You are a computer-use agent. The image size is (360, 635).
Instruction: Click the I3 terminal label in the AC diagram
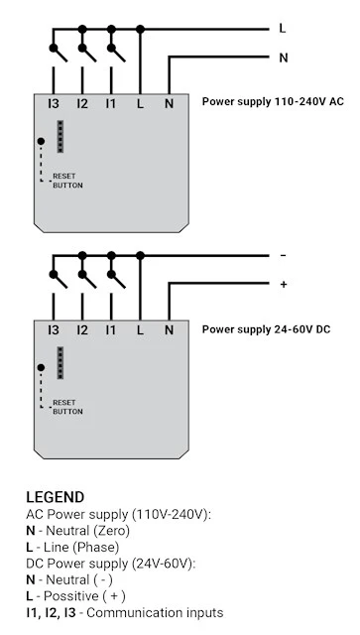[x=54, y=104]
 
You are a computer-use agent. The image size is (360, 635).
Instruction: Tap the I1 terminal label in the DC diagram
[x=111, y=330]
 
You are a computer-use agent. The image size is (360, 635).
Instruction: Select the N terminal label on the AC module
[x=169, y=104]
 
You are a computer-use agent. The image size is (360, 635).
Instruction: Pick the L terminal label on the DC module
[x=140, y=330]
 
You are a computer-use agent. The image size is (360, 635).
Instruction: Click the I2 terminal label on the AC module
[x=82, y=104]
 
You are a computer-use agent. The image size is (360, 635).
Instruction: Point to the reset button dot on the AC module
[x=41, y=141]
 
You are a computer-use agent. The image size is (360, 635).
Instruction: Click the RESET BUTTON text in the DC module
[x=67, y=407]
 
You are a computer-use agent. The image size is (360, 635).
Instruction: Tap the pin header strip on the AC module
[x=60, y=137]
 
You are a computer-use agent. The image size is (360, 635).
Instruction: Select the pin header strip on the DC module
[x=60, y=363]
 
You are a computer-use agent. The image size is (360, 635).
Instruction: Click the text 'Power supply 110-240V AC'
[x=273, y=101]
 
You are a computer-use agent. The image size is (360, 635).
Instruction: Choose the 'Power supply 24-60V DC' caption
[x=266, y=329]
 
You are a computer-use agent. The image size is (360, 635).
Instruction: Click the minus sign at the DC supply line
[x=283, y=255]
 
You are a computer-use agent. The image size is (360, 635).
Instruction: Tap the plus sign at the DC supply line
[x=284, y=285]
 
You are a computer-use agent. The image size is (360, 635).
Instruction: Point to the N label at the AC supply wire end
[x=284, y=58]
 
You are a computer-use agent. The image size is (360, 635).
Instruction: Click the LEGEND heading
[x=56, y=497]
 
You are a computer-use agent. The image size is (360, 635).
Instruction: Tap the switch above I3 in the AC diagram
[x=58, y=53]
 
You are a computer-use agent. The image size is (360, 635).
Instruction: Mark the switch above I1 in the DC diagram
[x=116, y=279]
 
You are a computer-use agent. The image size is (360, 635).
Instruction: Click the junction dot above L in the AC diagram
[x=140, y=29]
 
